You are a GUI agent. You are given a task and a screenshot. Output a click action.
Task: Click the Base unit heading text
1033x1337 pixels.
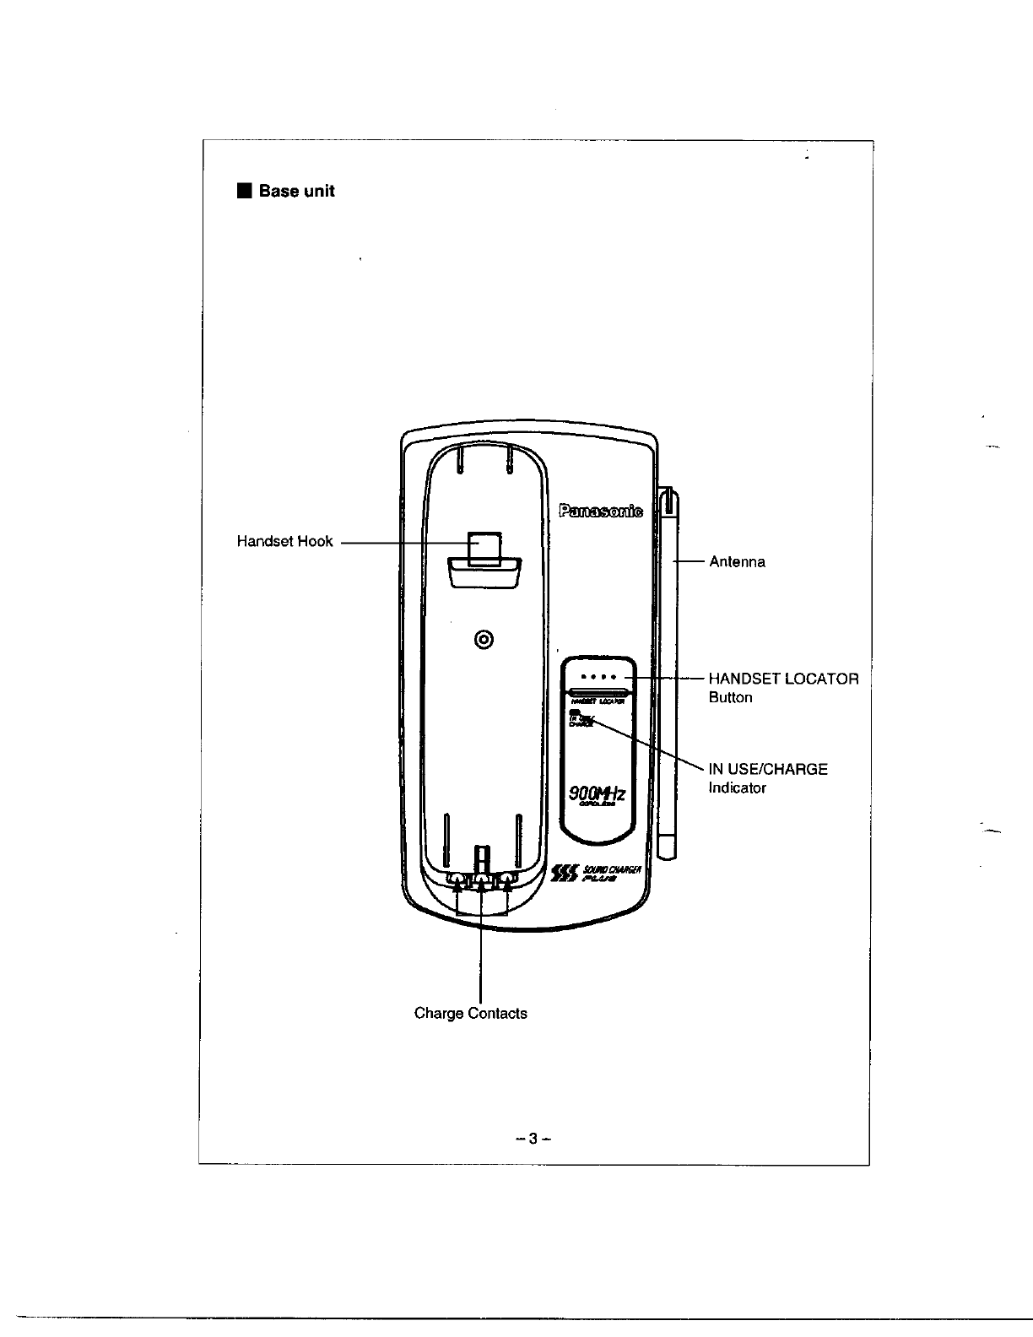[296, 192]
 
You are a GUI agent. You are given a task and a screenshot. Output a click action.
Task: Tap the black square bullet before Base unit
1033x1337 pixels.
[244, 191]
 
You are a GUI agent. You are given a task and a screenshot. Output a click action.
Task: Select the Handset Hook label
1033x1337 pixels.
[284, 542]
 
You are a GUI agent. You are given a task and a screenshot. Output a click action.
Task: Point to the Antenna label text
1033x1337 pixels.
[737, 562]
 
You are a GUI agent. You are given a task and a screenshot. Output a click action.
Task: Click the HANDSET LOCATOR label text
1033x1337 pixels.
[783, 679]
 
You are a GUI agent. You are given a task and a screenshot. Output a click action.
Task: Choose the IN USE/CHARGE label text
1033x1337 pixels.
[768, 769]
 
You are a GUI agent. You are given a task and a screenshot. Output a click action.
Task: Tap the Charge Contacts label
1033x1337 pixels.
[470, 1013]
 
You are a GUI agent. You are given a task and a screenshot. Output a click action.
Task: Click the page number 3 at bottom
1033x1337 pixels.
[533, 1139]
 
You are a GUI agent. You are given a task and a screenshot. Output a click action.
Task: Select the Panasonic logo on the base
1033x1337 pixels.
[600, 510]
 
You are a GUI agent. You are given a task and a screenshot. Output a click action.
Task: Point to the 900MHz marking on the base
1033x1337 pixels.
[598, 793]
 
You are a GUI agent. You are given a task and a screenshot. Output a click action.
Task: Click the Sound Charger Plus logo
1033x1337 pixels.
[596, 874]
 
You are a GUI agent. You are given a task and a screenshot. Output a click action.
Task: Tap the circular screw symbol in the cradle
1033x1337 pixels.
[484, 639]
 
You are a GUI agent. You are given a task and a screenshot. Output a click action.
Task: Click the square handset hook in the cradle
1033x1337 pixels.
[484, 547]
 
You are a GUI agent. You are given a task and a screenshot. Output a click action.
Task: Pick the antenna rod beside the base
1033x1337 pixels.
[667, 675]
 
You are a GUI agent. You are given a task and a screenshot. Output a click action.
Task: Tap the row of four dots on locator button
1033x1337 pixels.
[601, 677]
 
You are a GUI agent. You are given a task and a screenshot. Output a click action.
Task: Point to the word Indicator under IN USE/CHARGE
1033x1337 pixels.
[737, 788]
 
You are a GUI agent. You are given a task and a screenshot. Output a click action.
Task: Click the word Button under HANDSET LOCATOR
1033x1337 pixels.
[730, 698]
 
